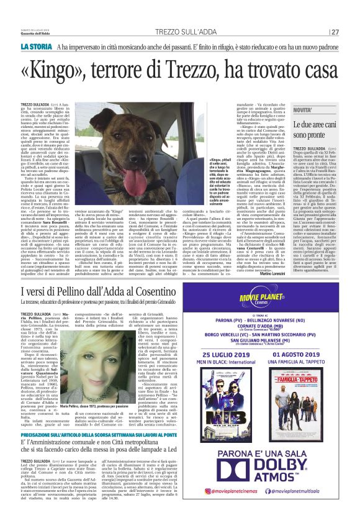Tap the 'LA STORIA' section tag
tap(36, 47)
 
